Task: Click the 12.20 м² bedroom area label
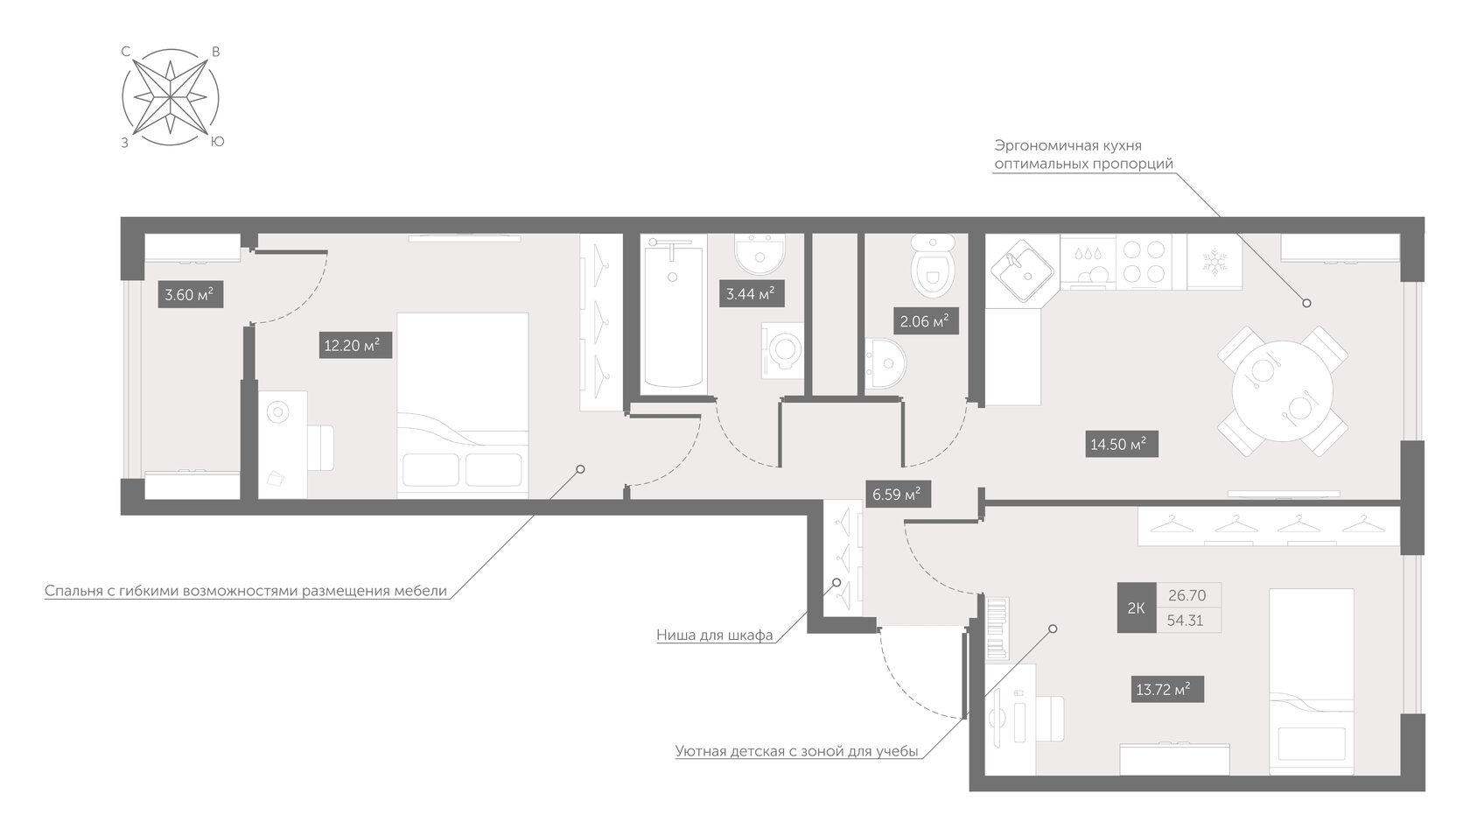(x=355, y=345)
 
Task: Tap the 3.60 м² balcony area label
(x=191, y=295)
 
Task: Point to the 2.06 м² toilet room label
(x=926, y=321)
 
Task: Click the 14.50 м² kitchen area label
(x=1121, y=444)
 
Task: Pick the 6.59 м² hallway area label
(x=897, y=494)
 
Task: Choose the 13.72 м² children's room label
(x=1167, y=690)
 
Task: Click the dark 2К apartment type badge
(x=1136, y=608)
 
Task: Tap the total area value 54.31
(x=1185, y=621)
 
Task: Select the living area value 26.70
(x=1187, y=595)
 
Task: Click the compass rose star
(x=170, y=97)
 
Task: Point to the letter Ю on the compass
(x=218, y=142)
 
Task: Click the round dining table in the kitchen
(x=1283, y=390)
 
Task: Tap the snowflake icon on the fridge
(x=1214, y=262)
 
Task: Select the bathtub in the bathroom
(x=673, y=314)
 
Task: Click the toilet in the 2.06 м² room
(x=933, y=265)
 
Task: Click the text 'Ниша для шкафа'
(x=715, y=635)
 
